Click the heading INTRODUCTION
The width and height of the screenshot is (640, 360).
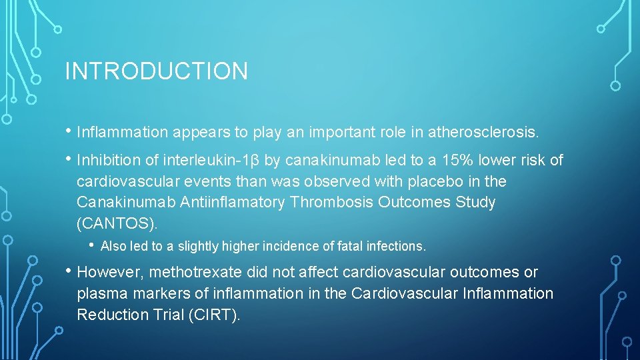(156, 71)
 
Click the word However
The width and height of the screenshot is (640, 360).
(110, 273)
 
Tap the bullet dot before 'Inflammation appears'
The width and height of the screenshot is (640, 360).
(69, 131)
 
